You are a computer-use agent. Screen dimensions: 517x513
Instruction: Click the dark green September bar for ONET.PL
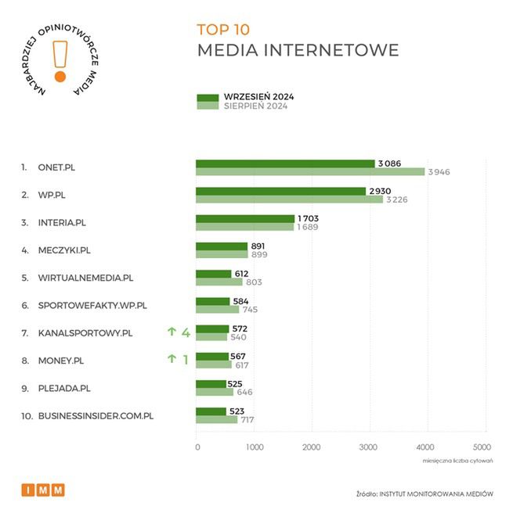pyautogui.click(x=285, y=163)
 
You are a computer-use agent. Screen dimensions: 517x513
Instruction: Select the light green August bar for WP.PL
pyautogui.click(x=289, y=199)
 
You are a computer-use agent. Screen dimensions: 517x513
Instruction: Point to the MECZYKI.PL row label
pyautogui.click(x=65, y=250)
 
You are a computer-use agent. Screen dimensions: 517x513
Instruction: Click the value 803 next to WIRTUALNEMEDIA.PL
pyautogui.click(x=255, y=282)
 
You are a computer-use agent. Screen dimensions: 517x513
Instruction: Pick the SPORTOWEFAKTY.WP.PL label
pyautogui.click(x=92, y=305)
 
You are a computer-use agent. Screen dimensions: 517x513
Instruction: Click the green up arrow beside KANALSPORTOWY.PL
pyautogui.click(x=171, y=332)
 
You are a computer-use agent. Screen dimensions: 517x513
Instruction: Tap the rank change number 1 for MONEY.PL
pyautogui.click(x=186, y=360)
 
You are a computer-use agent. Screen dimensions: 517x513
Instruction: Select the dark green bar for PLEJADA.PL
pyautogui.click(x=211, y=383)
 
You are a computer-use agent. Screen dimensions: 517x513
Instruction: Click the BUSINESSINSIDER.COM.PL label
pyautogui.click(x=96, y=415)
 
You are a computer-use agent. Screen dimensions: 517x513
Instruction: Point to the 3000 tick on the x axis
pyautogui.click(x=368, y=447)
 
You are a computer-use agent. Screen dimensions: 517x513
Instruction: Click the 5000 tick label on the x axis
pyautogui.click(x=482, y=447)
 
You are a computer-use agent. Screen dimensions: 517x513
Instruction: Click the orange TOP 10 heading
pyautogui.click(x=223, y=31)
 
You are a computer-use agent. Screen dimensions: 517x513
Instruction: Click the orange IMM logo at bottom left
pyautogui.click(x=43, y=490)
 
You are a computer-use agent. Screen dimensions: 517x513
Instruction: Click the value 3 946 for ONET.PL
pyautogui.click(x=439, y=172)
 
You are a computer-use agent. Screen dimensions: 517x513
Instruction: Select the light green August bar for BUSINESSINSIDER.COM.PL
pyautogui.click(x=216, y=419)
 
